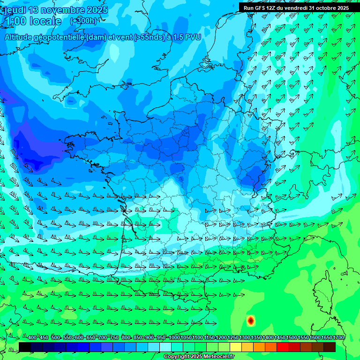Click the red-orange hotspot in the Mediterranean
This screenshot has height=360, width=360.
pyautogui.click(x=251, y=321)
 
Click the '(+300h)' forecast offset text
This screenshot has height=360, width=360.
pyautogui.click(x=83, y=21)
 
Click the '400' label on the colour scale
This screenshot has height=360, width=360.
pyautogui.click(x=32, y=338)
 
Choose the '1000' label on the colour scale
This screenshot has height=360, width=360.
pyautogui.click(x=174, y=338)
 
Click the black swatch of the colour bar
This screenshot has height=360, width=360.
pyautogui.click(x=25, y=347)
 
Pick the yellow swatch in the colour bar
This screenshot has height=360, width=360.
pyautogui.click(x=236, y=347)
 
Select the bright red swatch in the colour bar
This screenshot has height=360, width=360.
pyautogui.click(x=283, y=347)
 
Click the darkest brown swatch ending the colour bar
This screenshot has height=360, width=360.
pyautogui.click(x=330, y=347)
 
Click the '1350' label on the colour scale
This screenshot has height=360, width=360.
pyautogui.click(x=256, y=338)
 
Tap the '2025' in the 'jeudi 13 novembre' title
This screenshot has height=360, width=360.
pyautogui.click(x=97, y=10)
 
